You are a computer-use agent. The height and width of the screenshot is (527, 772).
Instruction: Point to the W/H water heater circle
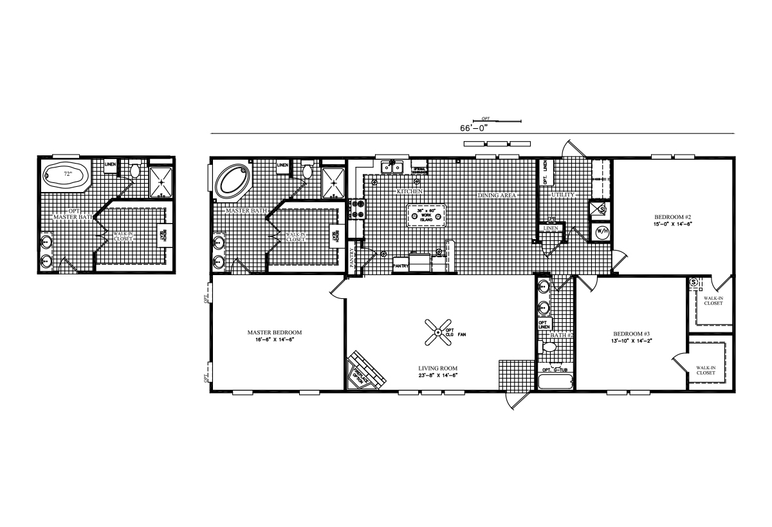tap(603, 231)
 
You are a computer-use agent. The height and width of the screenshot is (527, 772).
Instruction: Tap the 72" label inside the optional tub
tap(67, 175)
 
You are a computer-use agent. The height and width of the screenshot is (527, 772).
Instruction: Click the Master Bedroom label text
tap(275, 333)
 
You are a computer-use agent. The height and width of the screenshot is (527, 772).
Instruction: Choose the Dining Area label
tap(497, 195)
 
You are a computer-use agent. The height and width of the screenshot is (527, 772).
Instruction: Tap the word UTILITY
tap(563, 195)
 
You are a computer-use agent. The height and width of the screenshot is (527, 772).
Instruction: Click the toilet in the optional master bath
tap(136, 171)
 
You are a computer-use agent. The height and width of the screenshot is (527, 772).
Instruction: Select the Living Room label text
tap(437, 369)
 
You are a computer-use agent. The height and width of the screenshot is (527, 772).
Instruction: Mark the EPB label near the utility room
tap(551, 220)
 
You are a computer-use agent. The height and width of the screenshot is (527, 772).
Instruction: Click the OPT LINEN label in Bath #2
tap(543, 325)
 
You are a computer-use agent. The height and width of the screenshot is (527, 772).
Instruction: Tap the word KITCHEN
tap(409, 192)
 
